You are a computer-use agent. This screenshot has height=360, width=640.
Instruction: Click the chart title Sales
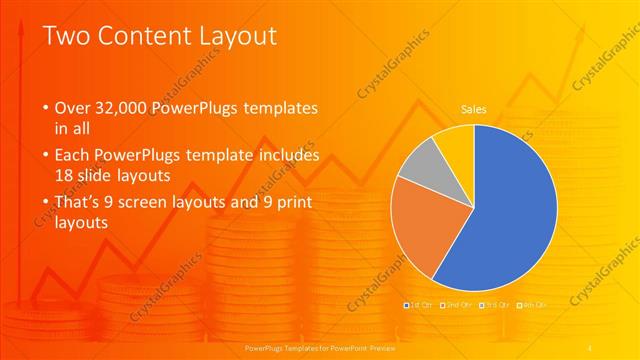tap(473, 109)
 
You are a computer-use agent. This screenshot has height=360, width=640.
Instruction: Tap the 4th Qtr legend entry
tap(533, 304)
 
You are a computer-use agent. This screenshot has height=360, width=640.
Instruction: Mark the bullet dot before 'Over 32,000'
tap(45, 108)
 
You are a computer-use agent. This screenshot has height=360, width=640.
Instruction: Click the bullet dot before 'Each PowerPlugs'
tap(45, 157)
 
